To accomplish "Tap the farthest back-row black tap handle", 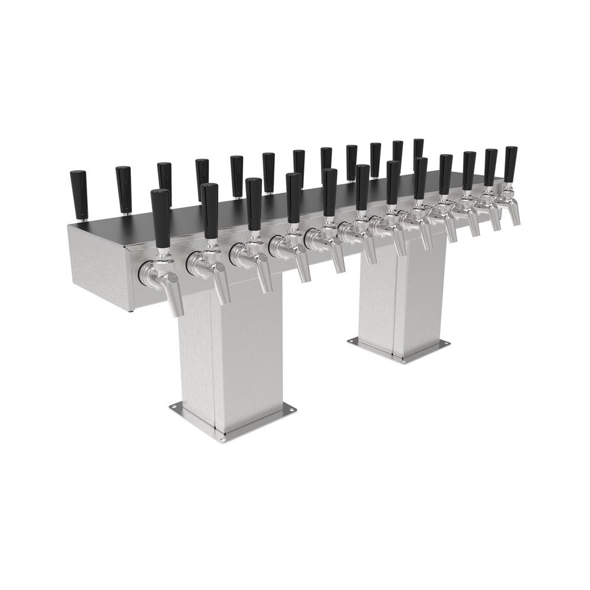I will (418, 149).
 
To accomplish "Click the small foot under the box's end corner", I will (130, 309).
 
